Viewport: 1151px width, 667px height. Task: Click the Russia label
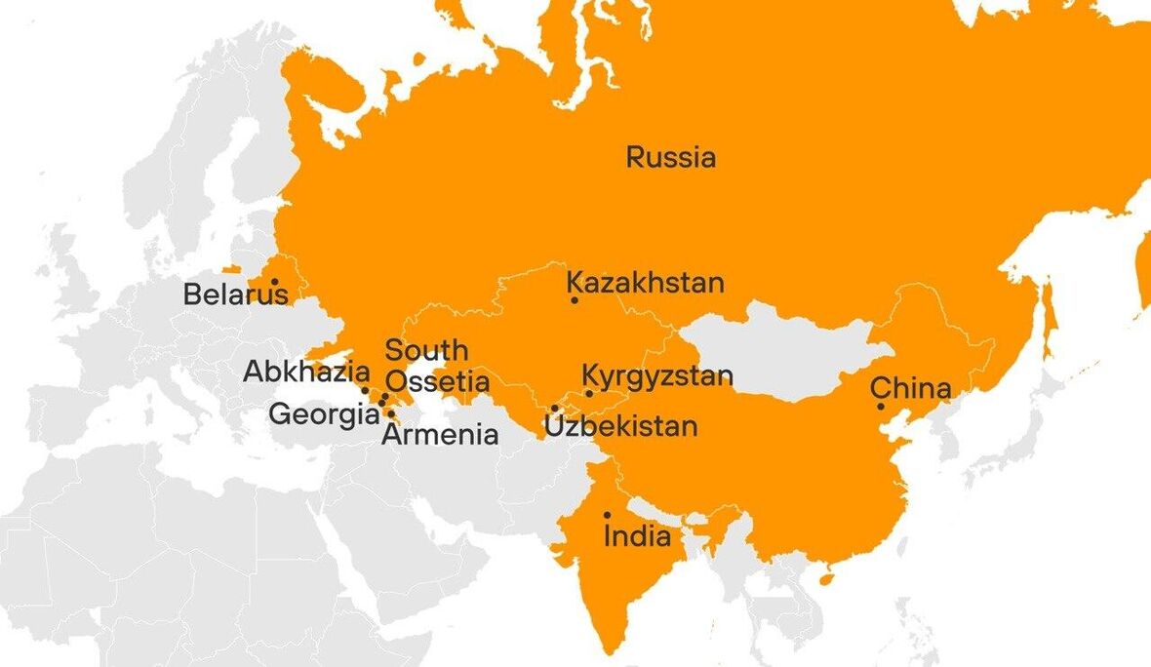(x=671, y=157)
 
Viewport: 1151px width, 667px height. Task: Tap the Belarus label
(x=235, y=294)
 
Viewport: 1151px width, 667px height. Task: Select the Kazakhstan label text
(x=646, y=283)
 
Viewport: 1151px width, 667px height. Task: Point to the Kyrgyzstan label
(x=657, y=375)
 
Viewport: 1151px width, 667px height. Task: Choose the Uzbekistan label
(x=620, y=426)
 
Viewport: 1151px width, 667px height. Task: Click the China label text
(x=910, y=388)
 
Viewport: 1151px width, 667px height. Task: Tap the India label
(x=637, y=536)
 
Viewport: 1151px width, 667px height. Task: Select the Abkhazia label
(x=306, y=372)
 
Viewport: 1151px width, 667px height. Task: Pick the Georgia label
(x=324, y=414)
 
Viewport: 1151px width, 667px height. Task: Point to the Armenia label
(x=440, y=435)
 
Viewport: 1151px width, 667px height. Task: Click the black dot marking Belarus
(x=275, y=282)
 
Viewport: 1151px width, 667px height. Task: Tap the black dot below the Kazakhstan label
(x=575, y=300)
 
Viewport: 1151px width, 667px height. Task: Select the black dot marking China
(x=881, y=407)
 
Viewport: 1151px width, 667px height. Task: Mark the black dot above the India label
(x=607, y=515)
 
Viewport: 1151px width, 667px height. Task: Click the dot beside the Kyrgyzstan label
(x=589, y=394)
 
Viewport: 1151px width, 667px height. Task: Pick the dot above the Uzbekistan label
(x=554, y=409)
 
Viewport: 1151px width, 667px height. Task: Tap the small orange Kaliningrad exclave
(x=231, y=269)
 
